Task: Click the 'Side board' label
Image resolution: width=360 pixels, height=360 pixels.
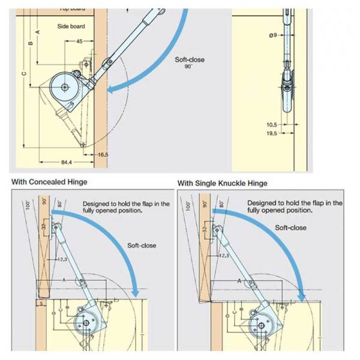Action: click(71, 26)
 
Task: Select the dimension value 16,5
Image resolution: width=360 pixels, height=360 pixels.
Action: click(103, 155)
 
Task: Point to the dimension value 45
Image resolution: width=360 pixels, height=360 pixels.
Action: click(80, 41)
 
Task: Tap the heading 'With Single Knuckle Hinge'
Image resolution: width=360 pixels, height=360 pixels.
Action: click(223, 182)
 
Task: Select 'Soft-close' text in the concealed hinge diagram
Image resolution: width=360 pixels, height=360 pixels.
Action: click(142, 245)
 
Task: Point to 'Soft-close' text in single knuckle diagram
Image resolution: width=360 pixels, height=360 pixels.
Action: click(290, 227)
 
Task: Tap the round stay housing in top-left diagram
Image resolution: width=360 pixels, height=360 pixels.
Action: click(63, 88)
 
